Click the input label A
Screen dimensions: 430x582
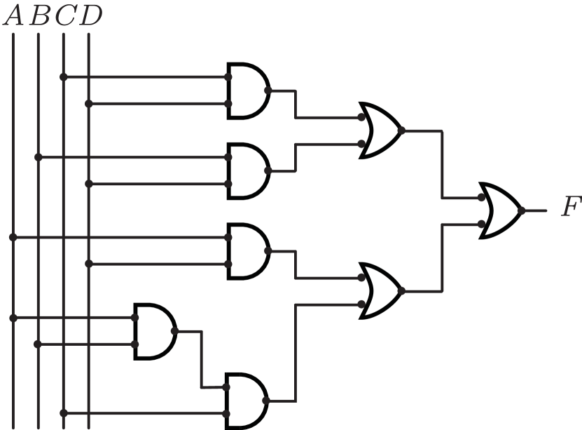click(13, 16)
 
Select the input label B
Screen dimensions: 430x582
click(39, 16)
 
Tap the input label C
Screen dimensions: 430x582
click(64, 16)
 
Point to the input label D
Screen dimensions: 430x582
click(90, 16)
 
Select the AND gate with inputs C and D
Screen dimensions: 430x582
click(247, 91)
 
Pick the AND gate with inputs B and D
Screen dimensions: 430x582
click(247, 171)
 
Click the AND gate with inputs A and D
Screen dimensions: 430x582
click(247, 251)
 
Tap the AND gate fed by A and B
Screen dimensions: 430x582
click(154, 331)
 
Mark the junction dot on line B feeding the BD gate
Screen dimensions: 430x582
click(39, 158)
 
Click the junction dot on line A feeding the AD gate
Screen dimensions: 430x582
click(13, 238)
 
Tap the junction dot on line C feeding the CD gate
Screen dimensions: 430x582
click(64, 77)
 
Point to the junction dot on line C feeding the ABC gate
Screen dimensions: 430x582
click(64, 412)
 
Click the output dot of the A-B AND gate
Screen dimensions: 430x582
click(174, 331)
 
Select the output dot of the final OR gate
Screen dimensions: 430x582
click(522, 210)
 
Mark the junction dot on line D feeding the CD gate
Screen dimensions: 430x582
click(89, 105)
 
